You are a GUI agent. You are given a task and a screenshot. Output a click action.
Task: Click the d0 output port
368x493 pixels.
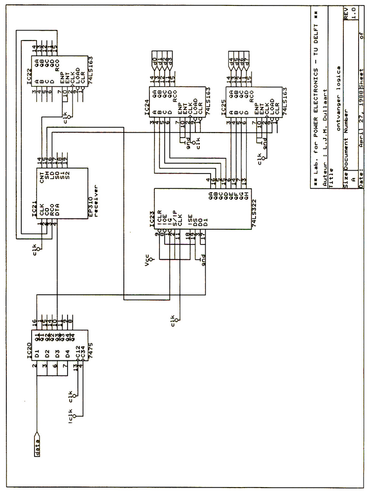155,61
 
